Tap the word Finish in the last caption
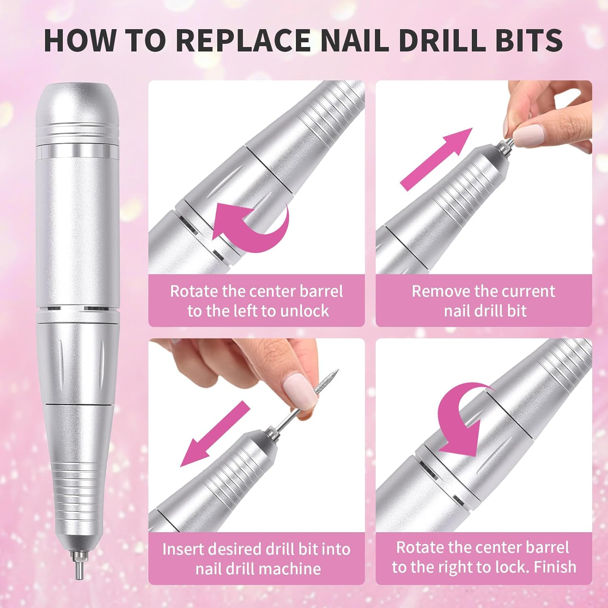[554, 567]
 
